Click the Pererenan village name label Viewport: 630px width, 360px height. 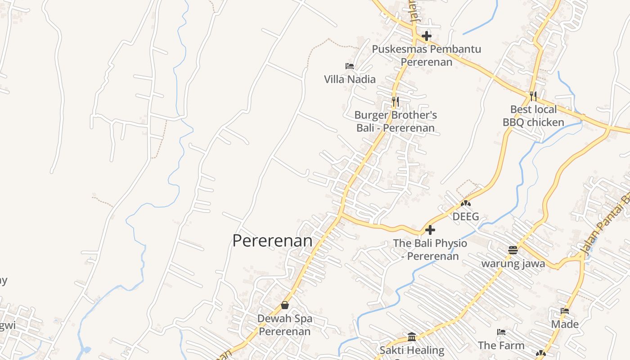click(272, 241)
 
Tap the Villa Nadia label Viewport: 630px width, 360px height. click(350, 79)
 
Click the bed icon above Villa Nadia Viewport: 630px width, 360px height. click(350, 66)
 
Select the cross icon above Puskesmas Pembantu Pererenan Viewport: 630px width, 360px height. click(427, 36)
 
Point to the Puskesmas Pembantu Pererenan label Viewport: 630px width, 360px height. click(426, 55)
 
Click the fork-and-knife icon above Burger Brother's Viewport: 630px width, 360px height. click(395, 102)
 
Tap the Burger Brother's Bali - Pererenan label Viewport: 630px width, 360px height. click(396, 121)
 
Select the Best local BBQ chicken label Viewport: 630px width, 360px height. click(533, 116)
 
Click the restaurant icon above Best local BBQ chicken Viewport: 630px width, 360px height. click(533, 96)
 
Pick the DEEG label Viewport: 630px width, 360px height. click(466, 216)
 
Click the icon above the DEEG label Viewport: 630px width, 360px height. click(466, 203)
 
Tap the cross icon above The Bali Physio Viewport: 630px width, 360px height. click(430, 230)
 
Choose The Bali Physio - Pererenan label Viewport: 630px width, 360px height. click(430, 250)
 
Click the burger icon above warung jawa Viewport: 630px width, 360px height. click(513, 250)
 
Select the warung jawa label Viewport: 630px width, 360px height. click(513, 263)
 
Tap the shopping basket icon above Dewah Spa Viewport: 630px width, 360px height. click(285, 305)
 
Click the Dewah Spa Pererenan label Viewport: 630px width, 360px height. click(285, 325)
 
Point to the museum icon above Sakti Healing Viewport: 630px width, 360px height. click(412, 337)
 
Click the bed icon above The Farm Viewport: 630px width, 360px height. click(501, 332)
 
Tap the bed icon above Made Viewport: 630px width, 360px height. click(565, 311)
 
